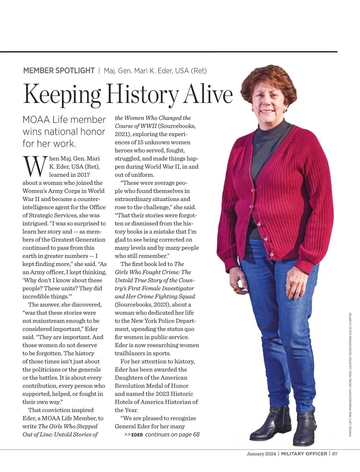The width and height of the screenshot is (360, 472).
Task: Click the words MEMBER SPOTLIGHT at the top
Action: [x=59, y=71]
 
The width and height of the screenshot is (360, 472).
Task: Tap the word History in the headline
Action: [x=142, y=94]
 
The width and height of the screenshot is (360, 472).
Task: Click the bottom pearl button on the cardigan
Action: [x=271, y=254]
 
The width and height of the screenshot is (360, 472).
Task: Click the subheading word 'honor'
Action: [x=93, y=132]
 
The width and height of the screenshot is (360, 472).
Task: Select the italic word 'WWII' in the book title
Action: [x=148, y=126]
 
